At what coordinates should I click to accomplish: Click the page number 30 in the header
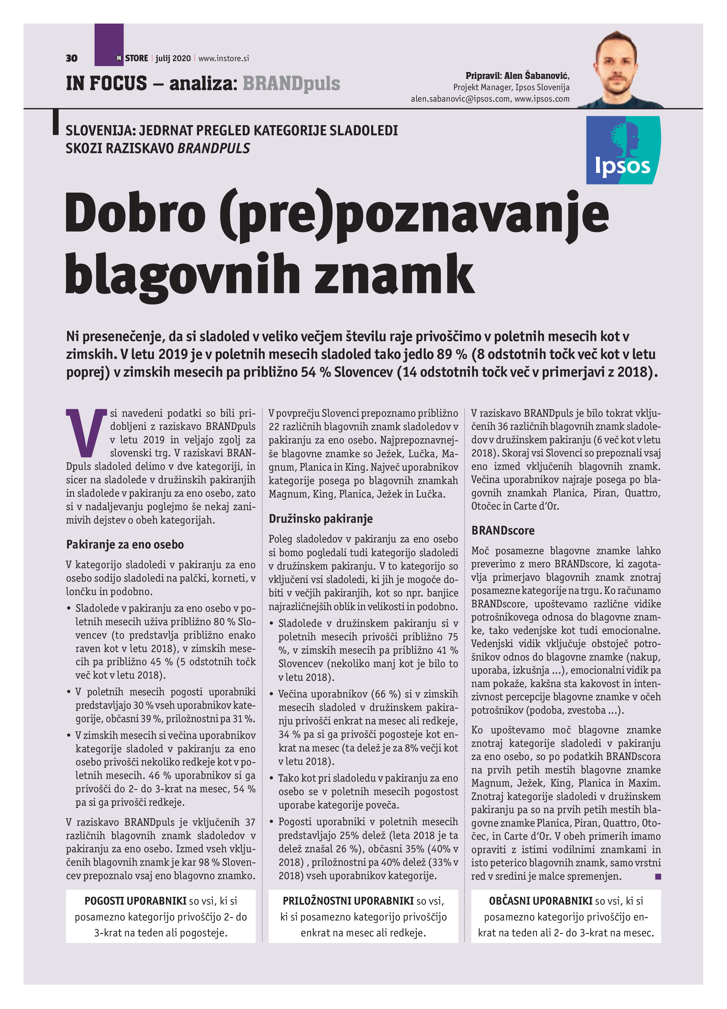pos(71,58)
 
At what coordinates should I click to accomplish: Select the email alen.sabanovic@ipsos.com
pos(460,99)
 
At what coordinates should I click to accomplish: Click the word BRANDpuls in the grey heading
pos(291,83)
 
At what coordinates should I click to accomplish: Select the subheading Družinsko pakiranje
pos(321,518)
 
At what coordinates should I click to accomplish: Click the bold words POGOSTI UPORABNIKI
pos(135,901)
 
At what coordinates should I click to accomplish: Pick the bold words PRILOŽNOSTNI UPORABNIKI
pos(348,901)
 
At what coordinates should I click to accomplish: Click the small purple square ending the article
pos(658,876)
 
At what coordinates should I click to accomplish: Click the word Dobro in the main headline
pos(136,213)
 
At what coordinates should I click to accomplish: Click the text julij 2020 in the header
pos(173,58)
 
